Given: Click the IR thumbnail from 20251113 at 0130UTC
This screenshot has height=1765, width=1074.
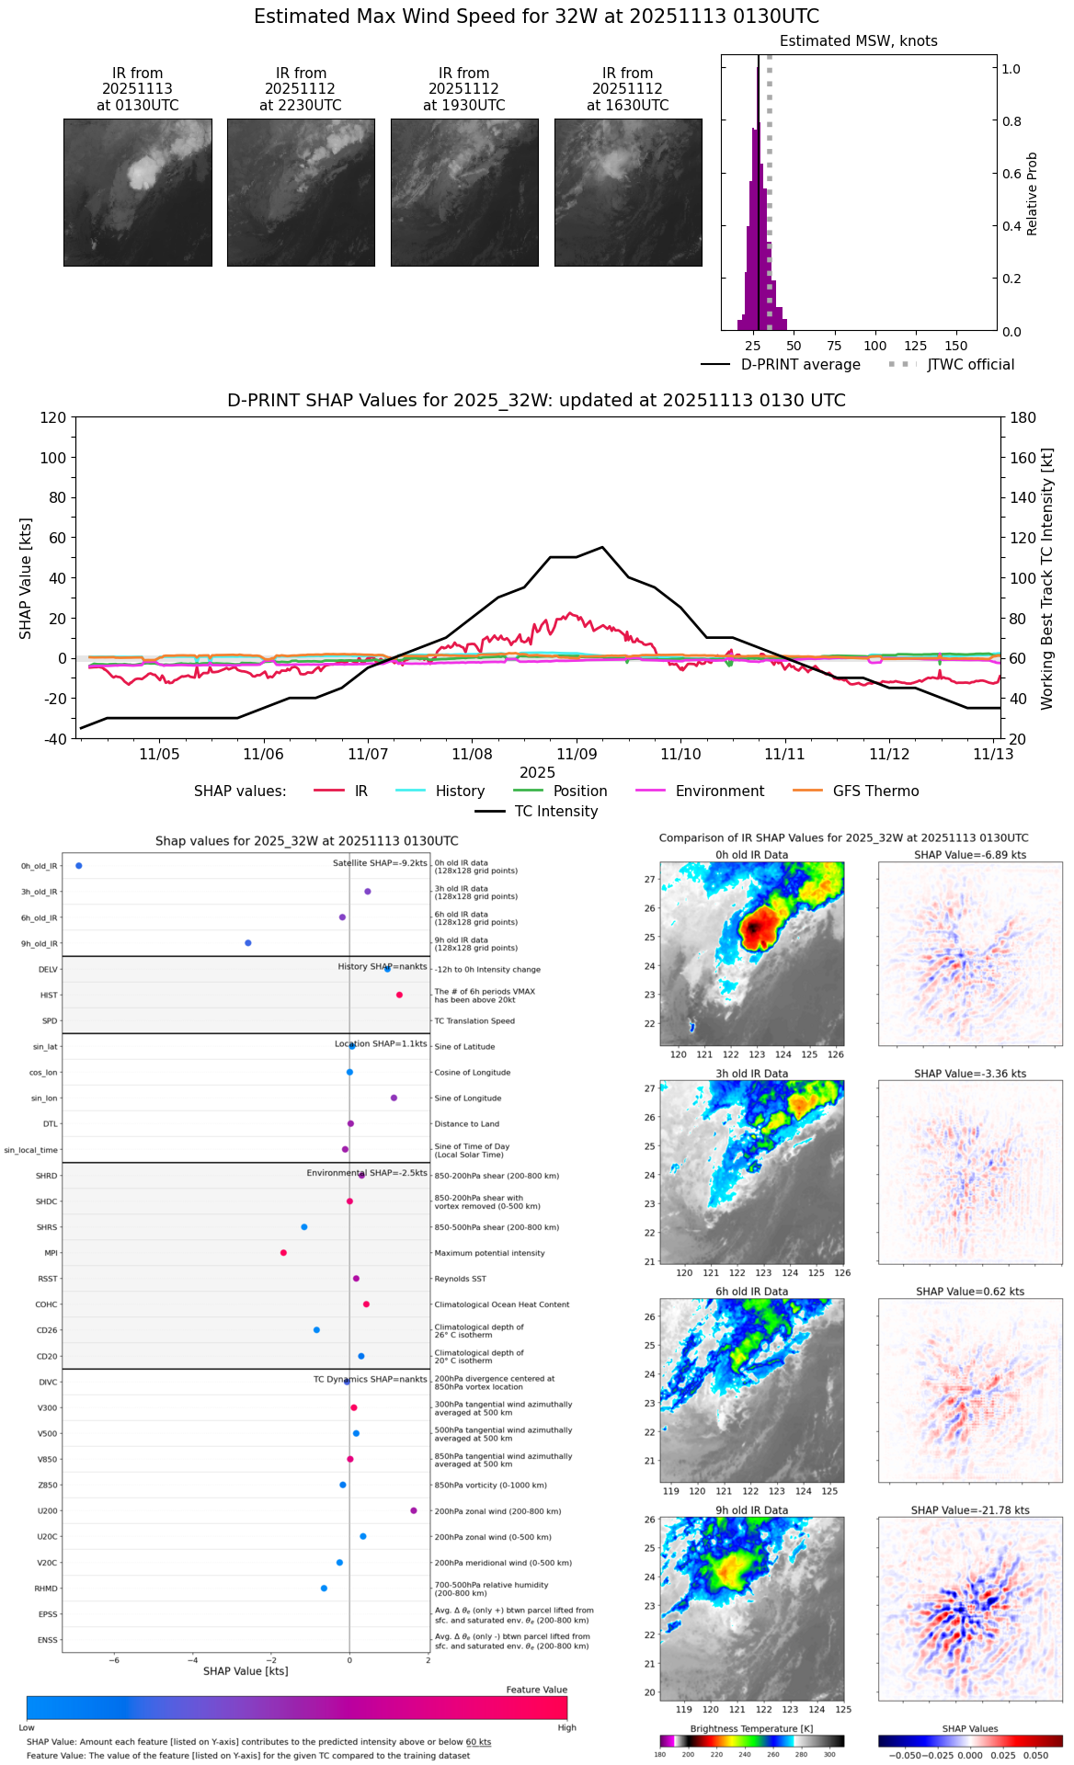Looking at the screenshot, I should coord(137,192).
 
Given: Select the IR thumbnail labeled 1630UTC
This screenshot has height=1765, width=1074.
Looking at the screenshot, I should coord(628,192).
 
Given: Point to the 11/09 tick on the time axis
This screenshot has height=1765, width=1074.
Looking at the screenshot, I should coord(577,754).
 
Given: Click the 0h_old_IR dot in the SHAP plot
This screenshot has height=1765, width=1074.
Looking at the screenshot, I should coord(79,866).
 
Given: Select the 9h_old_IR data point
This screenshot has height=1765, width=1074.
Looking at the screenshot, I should coord(248,943).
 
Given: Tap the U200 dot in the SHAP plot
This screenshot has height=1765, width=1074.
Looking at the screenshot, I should coord(414,1510).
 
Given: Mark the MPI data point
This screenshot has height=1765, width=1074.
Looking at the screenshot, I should coord(283,1253).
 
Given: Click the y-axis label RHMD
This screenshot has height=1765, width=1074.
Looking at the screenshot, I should coord(46,1588).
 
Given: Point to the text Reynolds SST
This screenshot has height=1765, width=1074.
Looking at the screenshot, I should coord(460,1279).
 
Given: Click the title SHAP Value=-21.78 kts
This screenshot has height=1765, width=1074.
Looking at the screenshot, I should coord(970,1510).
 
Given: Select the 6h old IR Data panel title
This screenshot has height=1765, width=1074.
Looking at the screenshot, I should coord(751,1292).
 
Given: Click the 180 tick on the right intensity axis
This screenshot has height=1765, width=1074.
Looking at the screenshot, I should coord(1023,418).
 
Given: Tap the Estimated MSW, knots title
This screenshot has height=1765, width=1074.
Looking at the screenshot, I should coord(858,41).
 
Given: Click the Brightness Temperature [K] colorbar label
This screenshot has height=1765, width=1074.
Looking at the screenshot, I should coord(751,1729).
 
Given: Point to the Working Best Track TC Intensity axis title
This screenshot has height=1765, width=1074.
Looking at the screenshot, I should coord(1047,579).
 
